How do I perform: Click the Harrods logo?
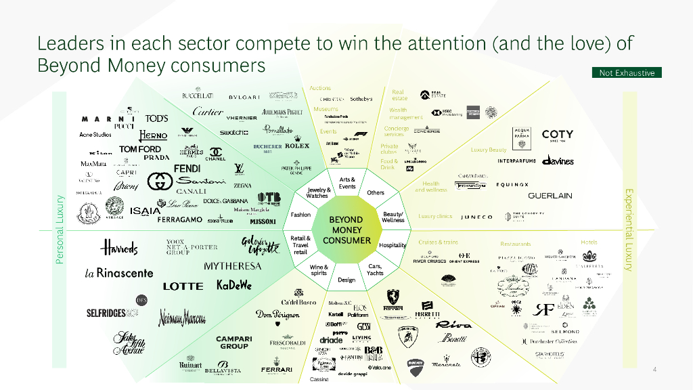(x=119, y=247)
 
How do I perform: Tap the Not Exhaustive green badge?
(x=627, y=72)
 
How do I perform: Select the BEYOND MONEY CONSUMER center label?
(x=346, y=230)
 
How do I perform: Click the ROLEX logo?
(x=296, y=146)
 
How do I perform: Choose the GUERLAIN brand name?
(x=550, y=196)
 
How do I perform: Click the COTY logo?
(x=557, y=135)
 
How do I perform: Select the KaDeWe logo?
(x=233, y=285)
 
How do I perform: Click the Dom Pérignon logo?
(x=277, y=315)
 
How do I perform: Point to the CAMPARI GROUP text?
(x=233, y=342)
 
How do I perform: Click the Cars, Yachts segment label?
(x=375, y=269)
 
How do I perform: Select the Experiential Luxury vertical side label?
(x=629, y=230)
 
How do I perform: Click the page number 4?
(x=654, y=369)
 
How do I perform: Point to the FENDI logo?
(x=187, y=168)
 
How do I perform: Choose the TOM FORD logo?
(x=140, y=149)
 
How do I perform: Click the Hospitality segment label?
(x=393, y=244)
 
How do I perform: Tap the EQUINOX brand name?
(x=512, y=184)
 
